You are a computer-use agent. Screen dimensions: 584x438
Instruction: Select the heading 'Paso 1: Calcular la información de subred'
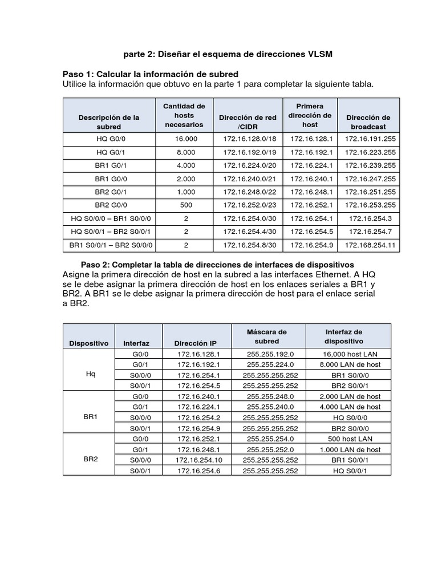tap(150, 75)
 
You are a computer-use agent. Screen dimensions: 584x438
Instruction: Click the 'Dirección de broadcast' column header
tap(368, 122)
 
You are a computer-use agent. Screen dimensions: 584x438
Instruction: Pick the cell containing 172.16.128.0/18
tap(249, 139)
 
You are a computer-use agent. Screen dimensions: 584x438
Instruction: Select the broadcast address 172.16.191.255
tap(368, 139)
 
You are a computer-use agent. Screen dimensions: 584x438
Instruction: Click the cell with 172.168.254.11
tap(368, 245)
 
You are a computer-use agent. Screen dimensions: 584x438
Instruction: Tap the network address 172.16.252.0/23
tap(249, 205)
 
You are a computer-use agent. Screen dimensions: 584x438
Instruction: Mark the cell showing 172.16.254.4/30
tap(249, 232)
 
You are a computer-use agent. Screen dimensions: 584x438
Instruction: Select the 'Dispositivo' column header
tap(88, 343)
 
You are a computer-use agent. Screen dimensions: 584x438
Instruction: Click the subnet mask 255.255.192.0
tap(270, 354)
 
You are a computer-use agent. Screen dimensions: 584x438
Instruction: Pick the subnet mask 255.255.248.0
tap(270, 396)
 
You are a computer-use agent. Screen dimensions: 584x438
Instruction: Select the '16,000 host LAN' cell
tap(350, 354)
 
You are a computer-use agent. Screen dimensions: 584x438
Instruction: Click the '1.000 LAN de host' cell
tap(350, 449)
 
